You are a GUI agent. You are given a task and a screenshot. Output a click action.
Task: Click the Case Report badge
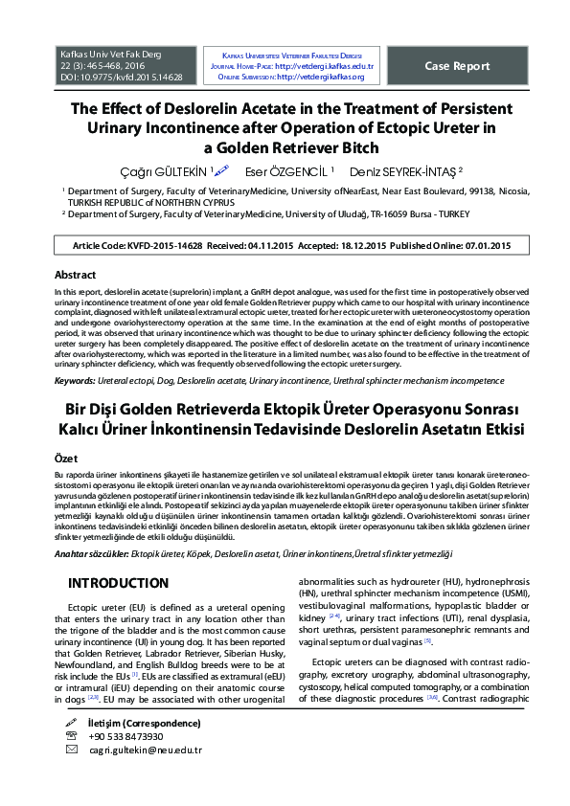458,65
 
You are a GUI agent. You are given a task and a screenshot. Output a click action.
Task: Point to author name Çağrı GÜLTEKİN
167,170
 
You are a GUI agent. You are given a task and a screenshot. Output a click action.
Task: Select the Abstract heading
75,275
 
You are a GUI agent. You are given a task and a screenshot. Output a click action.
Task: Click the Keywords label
80,381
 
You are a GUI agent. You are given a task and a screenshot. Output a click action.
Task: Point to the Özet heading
66,459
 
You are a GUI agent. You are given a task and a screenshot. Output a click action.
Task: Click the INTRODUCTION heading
118,583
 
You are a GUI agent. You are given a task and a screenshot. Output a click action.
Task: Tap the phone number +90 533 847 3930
125,736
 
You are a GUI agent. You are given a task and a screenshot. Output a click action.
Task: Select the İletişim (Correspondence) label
145,722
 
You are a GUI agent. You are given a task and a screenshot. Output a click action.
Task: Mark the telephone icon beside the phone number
72,736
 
